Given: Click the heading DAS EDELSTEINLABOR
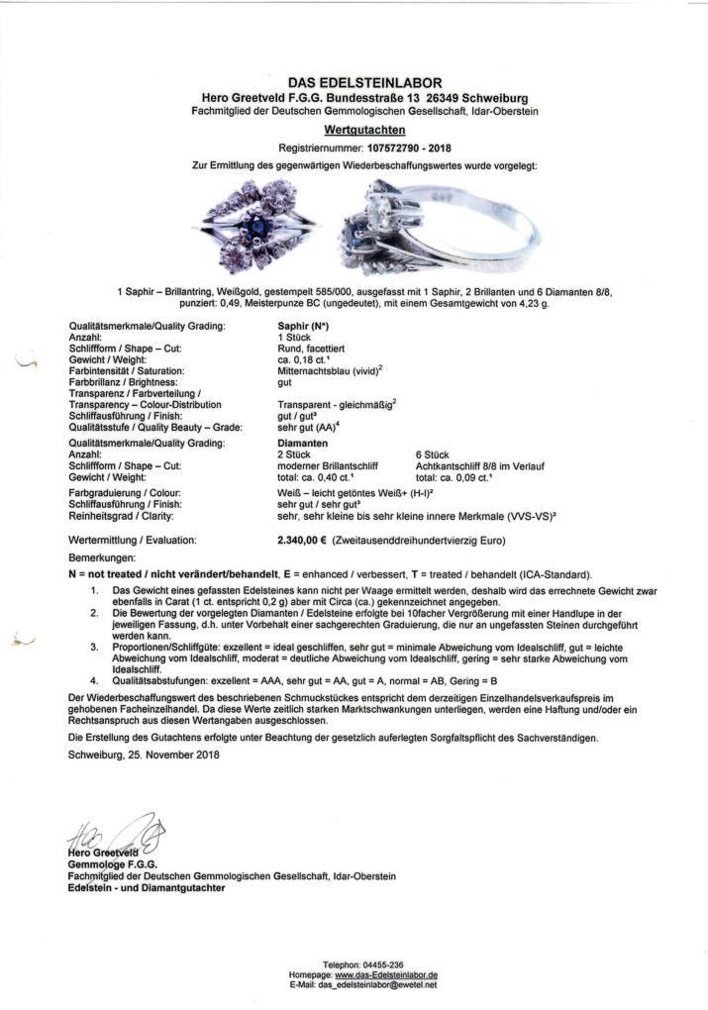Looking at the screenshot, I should click(x=364, y=82).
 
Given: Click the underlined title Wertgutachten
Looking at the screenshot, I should click(x=363, y=129).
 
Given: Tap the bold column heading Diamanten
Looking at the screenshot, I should click(x=302, y=444).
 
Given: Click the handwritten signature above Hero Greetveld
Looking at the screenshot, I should click(x=109, y=832).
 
